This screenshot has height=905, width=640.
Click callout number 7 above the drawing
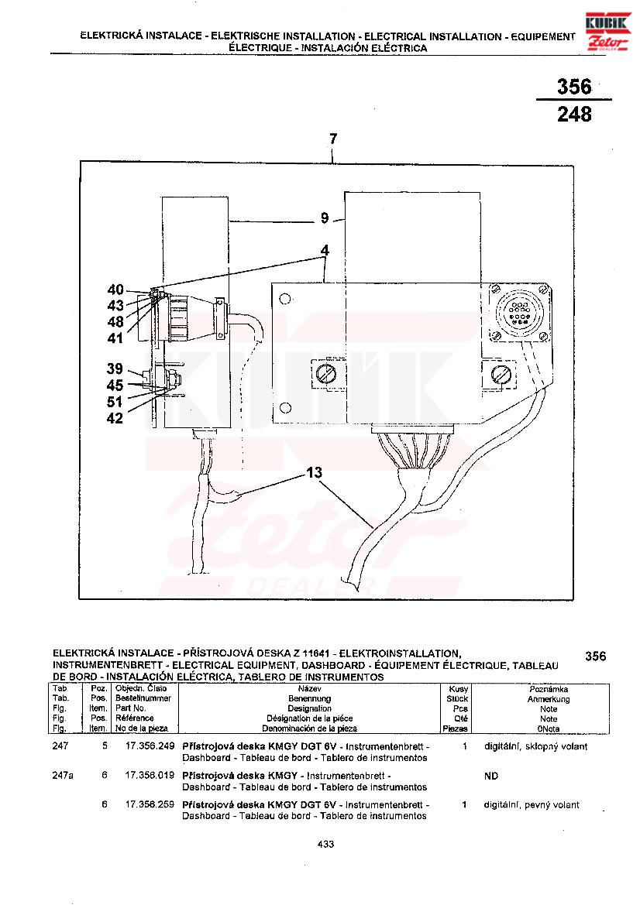coord(333,139)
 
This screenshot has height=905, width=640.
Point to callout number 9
coord(325,219)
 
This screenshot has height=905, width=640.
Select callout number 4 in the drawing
coord(325,251)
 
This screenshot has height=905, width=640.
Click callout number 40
coord(115,290)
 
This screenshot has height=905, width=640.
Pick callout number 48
coord(115,321)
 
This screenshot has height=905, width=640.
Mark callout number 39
coord(115,368)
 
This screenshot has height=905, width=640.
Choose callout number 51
coord(115,401)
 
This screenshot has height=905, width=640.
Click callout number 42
coord(115,418)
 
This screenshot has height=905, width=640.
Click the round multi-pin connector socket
coord(518,312)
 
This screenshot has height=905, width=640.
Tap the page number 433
coord(325,845)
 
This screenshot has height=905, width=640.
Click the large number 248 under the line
coord(574,115)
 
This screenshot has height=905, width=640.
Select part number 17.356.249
coord(149,746)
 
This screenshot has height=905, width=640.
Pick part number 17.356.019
coord(149,776)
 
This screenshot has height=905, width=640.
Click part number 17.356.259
coord(149,804)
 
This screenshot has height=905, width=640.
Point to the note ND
coord(491,776)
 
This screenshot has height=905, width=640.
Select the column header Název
coord(309,688)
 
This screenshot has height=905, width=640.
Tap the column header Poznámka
coord(549,688)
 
